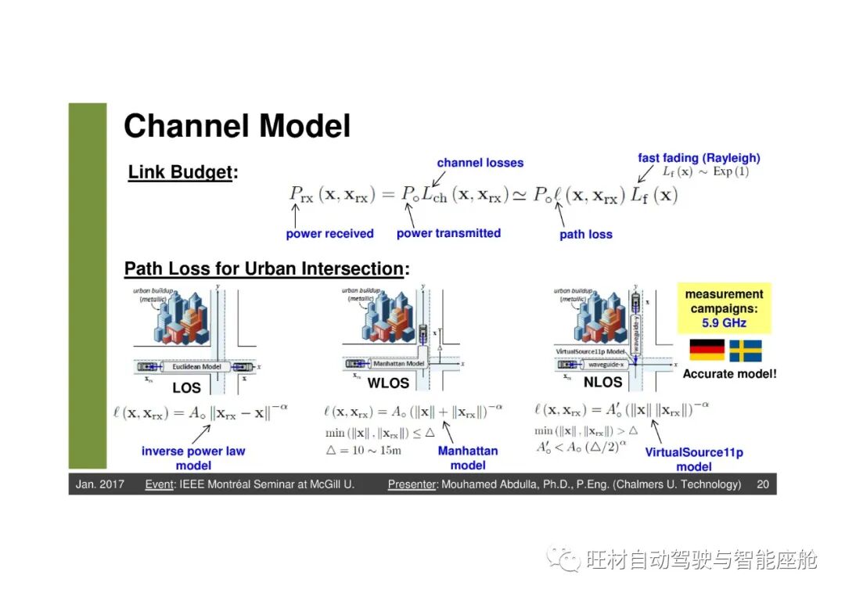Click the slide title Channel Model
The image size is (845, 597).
(237, 127)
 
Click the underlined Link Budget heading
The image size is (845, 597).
(181, 173)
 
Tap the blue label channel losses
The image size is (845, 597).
(480, 163)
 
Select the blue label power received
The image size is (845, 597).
(329, 233)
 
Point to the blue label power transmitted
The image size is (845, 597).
(448, 232)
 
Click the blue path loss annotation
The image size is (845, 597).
(585, 234)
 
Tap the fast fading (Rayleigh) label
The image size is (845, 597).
(699, 158)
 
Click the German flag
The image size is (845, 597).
(706, 351)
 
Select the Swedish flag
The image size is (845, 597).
(745, 351)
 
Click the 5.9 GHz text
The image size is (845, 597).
(724, 322)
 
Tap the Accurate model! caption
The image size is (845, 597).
(729, 374)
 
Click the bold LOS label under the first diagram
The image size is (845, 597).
(186, 387)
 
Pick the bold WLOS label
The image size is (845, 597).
(388, 383)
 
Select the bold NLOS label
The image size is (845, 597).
(602, 383)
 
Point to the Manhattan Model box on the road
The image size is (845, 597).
(398, 364)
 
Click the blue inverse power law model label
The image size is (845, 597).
(193, 458)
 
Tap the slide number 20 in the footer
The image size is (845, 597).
(762, 484)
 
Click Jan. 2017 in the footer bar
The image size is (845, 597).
(99, 484)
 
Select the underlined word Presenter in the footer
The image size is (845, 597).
(411, 484)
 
